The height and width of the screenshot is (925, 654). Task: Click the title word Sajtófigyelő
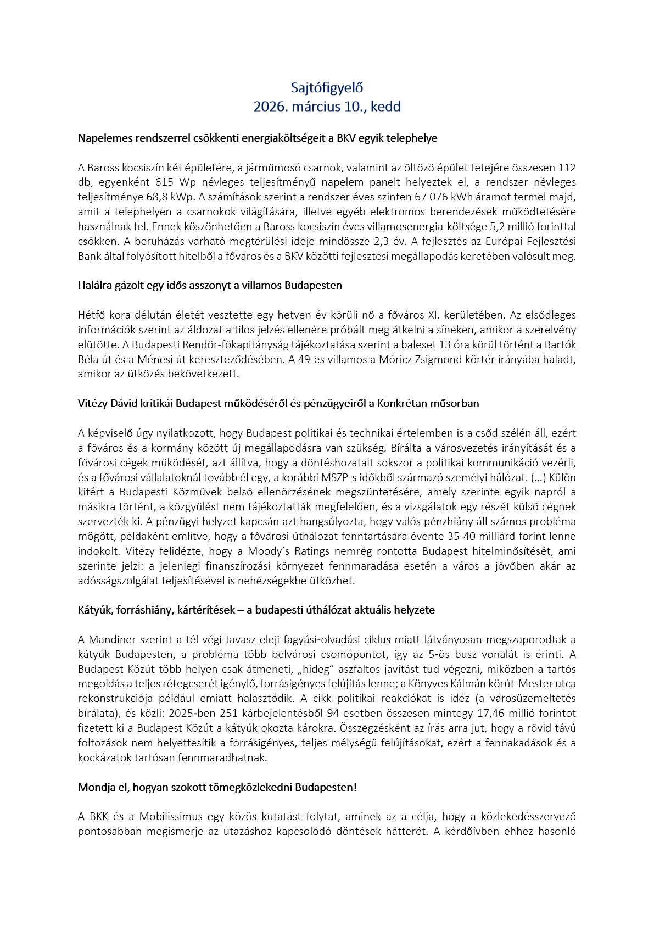click(x=327, y=88)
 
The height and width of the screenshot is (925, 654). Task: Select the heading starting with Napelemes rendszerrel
click(x=258, y=138)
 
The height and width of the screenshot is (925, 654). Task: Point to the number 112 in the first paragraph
click(x=567, y=168)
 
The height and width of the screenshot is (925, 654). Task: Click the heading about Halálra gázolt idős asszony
click(x=210, y=286)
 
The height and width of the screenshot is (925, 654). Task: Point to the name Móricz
click(x=396, y=360)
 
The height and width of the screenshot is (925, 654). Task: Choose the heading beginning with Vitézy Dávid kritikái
click(x=278, y=404)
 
